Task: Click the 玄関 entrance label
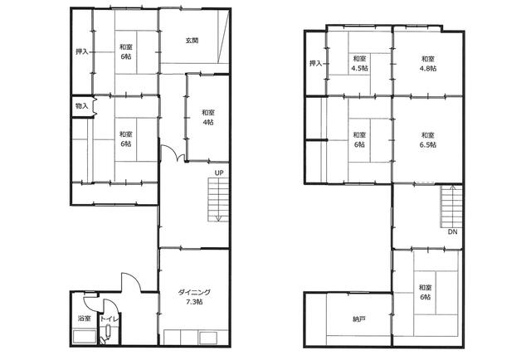click(192, 41)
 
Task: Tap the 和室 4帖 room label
click(208, 117)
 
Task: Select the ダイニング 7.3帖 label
click(194, 297)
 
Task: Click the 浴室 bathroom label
click(85, 319)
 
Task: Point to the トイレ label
click(109, 319)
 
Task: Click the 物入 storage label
click(81, 106)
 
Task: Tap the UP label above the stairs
click(219, 173)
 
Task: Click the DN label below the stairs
click(452, 232)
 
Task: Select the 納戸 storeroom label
click(358, 319)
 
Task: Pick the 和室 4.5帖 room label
click(359, 63)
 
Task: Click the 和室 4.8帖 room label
click(428, 63)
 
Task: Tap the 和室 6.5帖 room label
click(428, 140)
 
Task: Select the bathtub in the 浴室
click(85, 337)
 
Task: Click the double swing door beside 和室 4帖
click(173, 153)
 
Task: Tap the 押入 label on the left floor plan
click(81, 51)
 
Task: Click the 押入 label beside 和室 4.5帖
click(315, 63)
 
